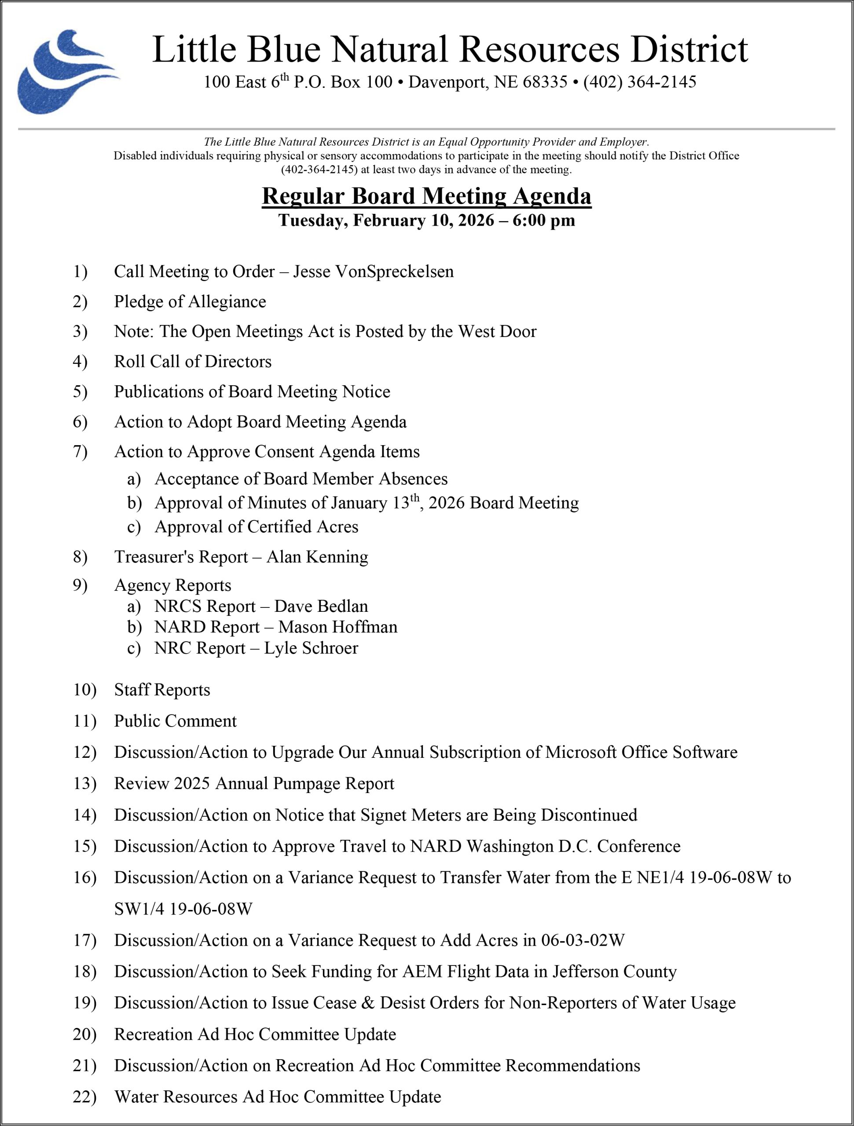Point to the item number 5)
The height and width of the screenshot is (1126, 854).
[80, 391]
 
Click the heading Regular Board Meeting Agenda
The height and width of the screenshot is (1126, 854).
[426, 197]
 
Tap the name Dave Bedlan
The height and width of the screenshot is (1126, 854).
[321, 606]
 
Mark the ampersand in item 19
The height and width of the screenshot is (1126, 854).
[368, 1003]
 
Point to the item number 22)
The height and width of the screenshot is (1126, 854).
[84, 1097]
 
